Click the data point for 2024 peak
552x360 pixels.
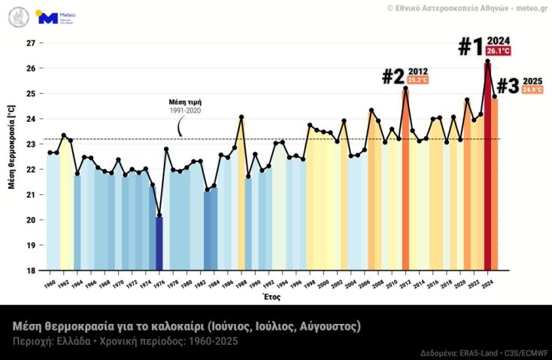pyautogui.click(x=487, y=62)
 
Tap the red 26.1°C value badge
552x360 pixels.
pyautogui.click(x=498, y=51)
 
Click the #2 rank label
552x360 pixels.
pyautogui.click(x=393, y=77)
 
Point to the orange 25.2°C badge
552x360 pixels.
pyautogui.click(x=417, y=80)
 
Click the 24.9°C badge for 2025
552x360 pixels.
pyautogui.click(x=532, y=90)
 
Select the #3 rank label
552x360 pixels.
pyautogui.click(x=508, y=86)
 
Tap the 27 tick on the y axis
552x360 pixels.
pyautogui.click(x=32, y=43)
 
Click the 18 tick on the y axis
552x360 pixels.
pyautogui.click(x=32, y=271)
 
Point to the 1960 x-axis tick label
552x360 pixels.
pyautogui.click(x=50, y=285)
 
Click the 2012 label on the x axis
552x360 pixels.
pyautogui.click(x=405, y=285)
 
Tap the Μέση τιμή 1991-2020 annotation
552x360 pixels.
pyautogui.click(x=184, y=106)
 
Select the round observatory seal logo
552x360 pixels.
pyautogui.click(x=19, y=17)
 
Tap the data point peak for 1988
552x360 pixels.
pyautogui.click(x=241, y=117)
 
